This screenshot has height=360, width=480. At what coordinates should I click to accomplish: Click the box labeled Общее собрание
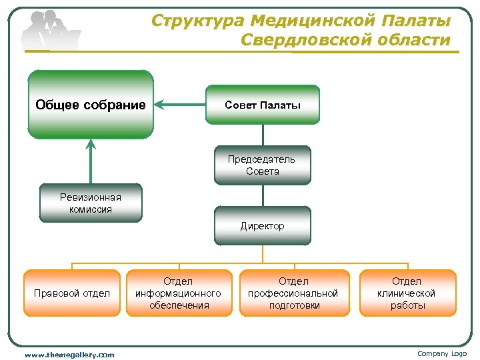(91, 105)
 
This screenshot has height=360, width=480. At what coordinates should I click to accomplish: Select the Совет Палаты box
(263, 105)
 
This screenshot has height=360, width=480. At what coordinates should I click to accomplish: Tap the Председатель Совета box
(263, 165)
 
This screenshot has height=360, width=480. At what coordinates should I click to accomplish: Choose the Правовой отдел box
(72, 293)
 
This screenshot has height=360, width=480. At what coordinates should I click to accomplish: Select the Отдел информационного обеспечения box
(179, 293)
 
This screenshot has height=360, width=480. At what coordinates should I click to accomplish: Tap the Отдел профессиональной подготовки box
(293, 293)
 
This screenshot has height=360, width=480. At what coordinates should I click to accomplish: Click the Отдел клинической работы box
(407, 293)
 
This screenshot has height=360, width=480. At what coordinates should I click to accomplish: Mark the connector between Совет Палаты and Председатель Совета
(263, 135)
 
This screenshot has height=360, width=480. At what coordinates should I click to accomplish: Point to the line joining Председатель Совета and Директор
(263, 195)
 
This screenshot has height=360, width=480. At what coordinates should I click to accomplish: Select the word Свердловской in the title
(307, 40)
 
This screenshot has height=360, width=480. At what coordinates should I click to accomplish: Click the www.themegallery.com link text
(69, 355)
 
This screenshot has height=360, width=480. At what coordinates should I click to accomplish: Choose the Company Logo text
(442, 354)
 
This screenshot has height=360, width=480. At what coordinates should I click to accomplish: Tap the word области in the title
(415, 40)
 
